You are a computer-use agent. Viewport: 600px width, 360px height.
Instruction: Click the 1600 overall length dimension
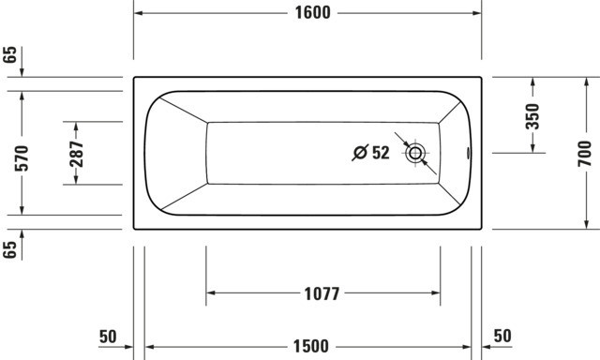pyautogui.click(x=312, y=12)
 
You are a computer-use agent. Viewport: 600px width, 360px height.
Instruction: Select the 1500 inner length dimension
pyautogui.click(x=310, y=346)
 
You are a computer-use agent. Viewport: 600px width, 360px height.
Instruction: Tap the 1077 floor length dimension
pyautogui.click(x=322, y=293)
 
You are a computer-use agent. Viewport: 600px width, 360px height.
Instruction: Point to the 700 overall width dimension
pyautogui.click(x=585, y=154)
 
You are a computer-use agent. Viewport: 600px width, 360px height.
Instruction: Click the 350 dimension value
pyautogui.click(x=532, y=116)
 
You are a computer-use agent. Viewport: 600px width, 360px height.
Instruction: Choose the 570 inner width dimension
pyautogui.click(x=22, y=158)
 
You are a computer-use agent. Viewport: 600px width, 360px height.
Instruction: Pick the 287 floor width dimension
pyautogui.click(x=77, y=154)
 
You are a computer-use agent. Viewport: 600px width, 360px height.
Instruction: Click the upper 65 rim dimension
pyautogui.click(x=10, y=54)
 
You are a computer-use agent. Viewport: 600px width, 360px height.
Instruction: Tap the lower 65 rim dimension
pyautogui.click(x=10, y=249)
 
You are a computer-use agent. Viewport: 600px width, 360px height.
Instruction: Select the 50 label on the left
pyautogui.click(x=108, y=337)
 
